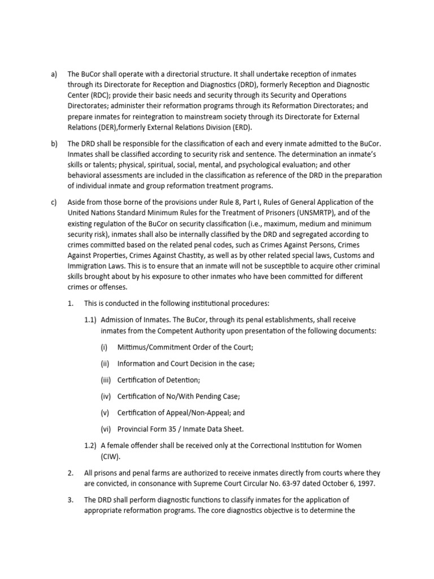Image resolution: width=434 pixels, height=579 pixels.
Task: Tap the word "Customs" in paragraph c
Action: click(344, 255)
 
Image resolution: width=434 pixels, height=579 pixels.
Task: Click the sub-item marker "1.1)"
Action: click(91, 320)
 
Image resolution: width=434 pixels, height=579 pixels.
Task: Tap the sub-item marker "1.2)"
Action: click(91, 446)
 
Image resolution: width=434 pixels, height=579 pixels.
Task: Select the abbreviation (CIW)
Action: click(111, 456)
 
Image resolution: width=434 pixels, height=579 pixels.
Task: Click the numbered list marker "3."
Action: click(70, 500)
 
